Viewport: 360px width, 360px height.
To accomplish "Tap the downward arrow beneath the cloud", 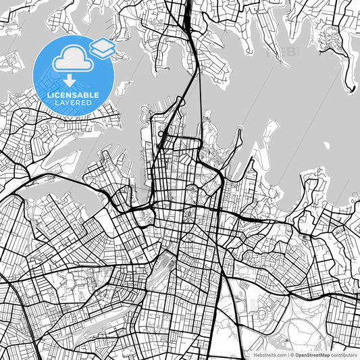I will [x=70, y=82].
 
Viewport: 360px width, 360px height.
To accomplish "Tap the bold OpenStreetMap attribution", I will [x=313, y=354].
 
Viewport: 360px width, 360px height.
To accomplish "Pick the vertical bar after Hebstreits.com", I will [x=288, y=354].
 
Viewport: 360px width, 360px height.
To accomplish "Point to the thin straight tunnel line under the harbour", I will [x=200, y=101].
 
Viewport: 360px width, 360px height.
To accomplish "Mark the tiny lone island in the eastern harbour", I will [x=326, y=145].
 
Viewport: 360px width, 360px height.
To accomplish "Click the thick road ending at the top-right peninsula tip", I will [x=351, y=86].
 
